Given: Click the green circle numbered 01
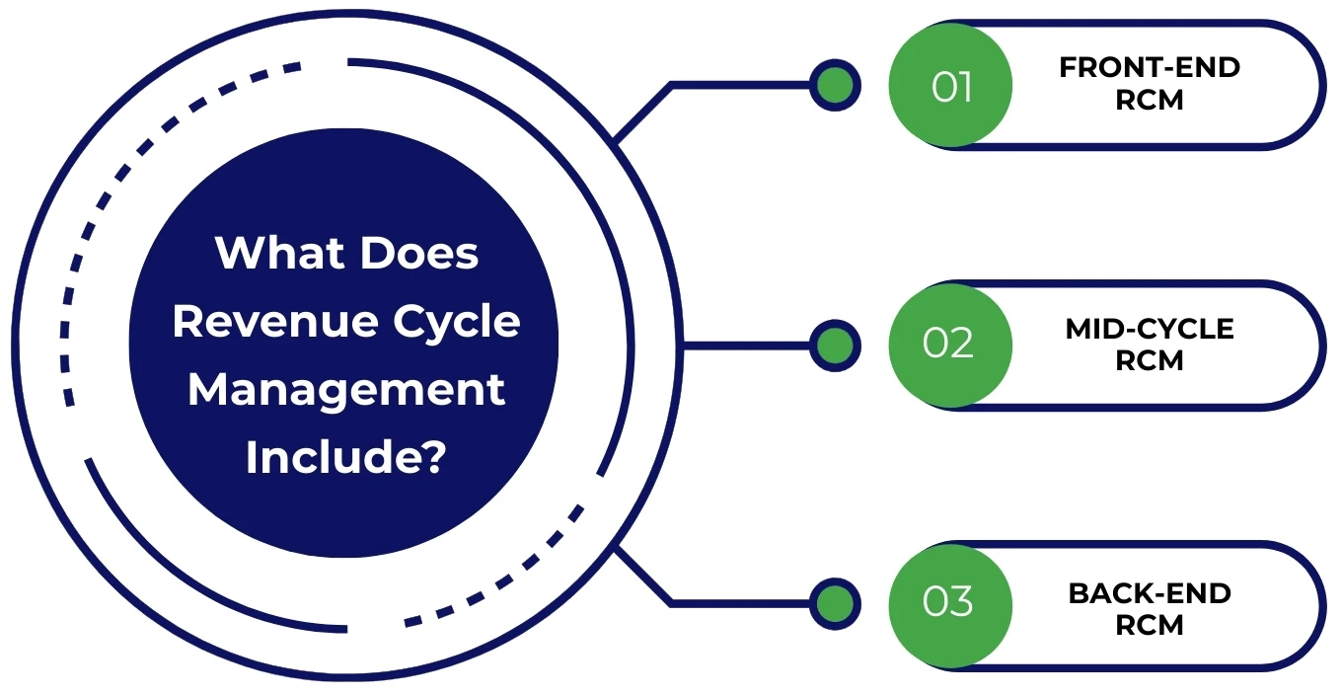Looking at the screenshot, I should point(950,86).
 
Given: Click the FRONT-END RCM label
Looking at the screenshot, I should point(1150,84).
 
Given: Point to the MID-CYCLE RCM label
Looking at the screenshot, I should point(1150,345).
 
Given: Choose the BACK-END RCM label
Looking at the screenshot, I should point(1150,609).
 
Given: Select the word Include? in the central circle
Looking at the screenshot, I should point(345,456).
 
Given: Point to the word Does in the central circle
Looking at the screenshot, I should point(418,254).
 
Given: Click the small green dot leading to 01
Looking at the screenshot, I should point(835,86).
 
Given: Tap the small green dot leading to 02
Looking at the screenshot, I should point(835,346).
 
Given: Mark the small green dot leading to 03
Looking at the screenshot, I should point(835,603).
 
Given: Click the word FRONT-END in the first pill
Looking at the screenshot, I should point(1150,68).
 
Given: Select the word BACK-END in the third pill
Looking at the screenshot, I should point(1150,593).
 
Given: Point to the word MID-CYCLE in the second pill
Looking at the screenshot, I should point(1150,329).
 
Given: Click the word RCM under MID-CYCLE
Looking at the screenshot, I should point(1150,361).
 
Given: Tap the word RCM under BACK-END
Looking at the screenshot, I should point(1150,626).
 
